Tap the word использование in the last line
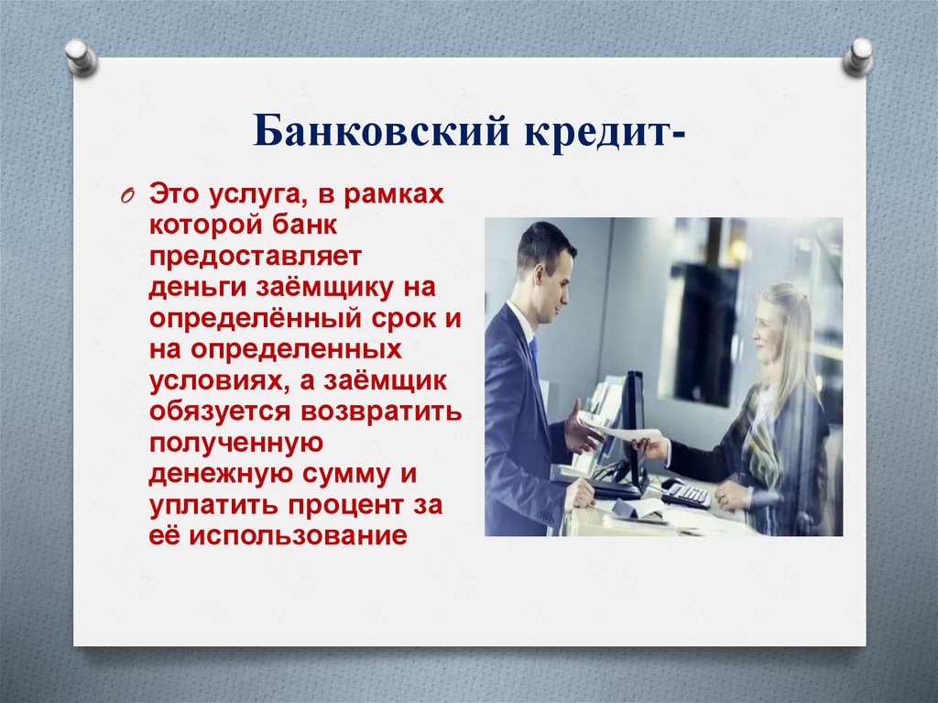tap(297, 535)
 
